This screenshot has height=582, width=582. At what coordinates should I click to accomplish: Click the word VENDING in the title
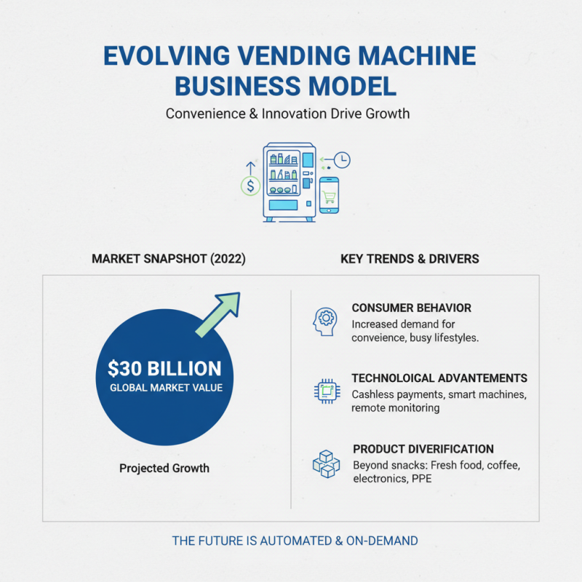coord(292,56)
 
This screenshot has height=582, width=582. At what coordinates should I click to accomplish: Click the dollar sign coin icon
coord(251,186)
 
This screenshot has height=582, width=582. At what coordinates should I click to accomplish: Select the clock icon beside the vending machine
coord(342,159)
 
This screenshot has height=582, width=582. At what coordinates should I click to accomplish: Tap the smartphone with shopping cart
coord(330,195)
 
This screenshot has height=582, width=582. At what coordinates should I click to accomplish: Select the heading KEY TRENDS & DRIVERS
coord(410,259)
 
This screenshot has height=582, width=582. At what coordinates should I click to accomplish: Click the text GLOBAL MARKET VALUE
coord(166,388)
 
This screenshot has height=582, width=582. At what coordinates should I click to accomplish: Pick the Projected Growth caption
coord(164,468)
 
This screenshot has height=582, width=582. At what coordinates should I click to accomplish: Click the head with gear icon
coord(325,321)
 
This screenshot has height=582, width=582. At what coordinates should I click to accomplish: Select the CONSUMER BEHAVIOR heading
coord(411,308)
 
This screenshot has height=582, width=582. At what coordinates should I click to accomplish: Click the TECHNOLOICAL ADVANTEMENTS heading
coord(439,378)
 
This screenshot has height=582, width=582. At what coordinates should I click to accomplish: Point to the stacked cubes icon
coord(326,463)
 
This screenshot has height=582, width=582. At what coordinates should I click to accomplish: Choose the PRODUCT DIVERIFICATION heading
coord(423,449)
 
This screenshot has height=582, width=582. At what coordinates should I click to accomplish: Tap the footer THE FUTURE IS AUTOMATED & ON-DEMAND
coord(295,541)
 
